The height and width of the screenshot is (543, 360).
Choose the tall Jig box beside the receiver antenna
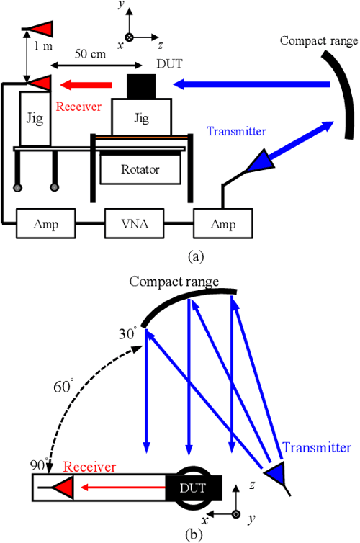(34, 118)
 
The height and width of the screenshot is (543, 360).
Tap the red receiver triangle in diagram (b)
(63, 490)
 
